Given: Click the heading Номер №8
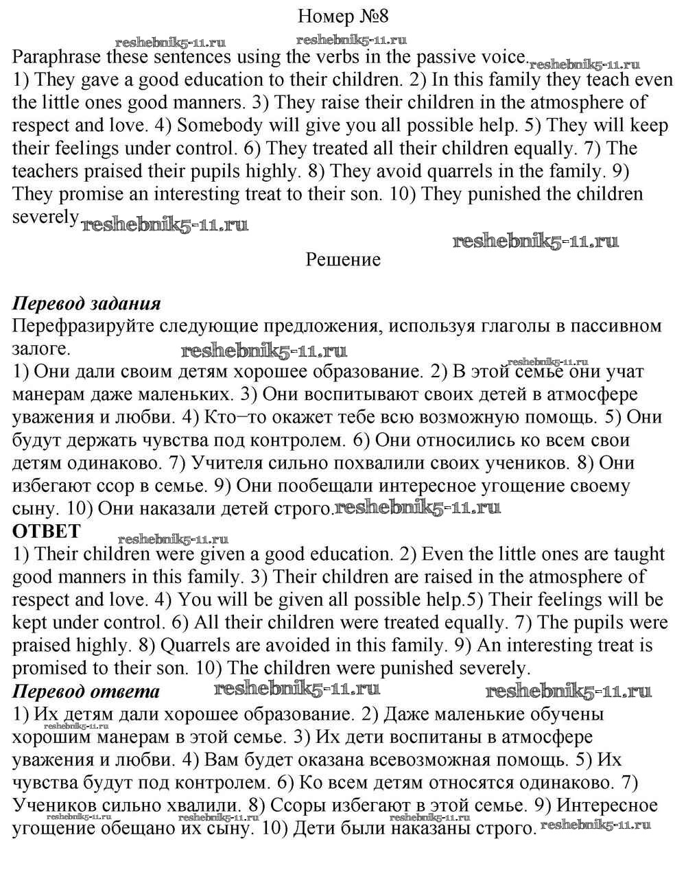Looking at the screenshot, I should [x=344, y=16].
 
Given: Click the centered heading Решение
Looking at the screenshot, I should [x=343, y=259].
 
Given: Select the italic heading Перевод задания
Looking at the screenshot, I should [x=86, y=303].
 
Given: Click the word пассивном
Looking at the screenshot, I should [x=598, y=325].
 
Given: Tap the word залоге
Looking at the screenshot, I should [x=40, y=348].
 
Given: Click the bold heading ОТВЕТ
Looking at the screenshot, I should [x=47, y=530].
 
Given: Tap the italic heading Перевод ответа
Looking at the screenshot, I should [x=86, y=690].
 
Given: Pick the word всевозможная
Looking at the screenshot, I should [x=433, y=759].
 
